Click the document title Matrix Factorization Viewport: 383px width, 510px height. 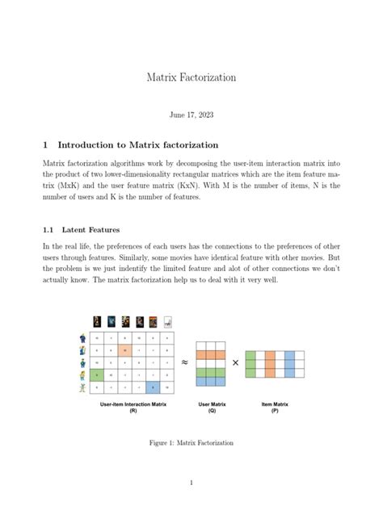pyautogui.click(x=191, y=77)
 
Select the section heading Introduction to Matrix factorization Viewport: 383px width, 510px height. pyautogui.click(x=137, y=145)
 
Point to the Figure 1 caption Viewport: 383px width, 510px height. pyautogui.click(x=191, y=443)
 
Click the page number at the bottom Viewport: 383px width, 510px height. pyautogui.click(x=191, y=483)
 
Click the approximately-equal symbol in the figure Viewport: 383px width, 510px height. pyautogui.click(x=184, y=362)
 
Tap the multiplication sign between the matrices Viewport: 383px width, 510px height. pyautogui.click(x=236, y=363)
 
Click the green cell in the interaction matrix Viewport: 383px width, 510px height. pyautogui.click(x=97, y=376)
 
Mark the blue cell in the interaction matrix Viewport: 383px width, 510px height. pyautogui.click(x=152, y=388)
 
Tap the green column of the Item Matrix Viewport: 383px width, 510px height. pyautogui.click(x=251, y=363)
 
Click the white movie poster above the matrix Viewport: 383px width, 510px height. pyautogui.click(x=167, y=321)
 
